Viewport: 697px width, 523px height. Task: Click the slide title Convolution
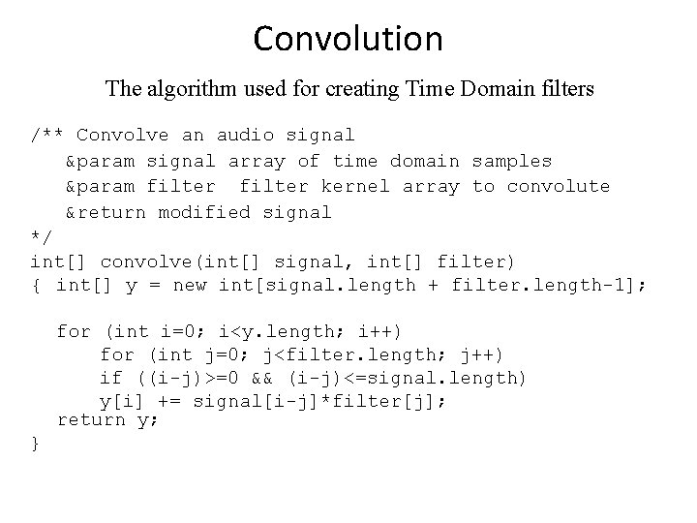click(x=348, y=39)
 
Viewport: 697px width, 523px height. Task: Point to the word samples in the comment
click(x=512, y=161)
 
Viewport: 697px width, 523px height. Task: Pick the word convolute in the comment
click(x=559, y=186)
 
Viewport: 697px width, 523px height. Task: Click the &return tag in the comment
click(x=106, y=211)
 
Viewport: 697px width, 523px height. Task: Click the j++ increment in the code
click(x=483, y=355)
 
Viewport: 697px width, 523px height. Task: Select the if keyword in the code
click(x=111, y=378)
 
